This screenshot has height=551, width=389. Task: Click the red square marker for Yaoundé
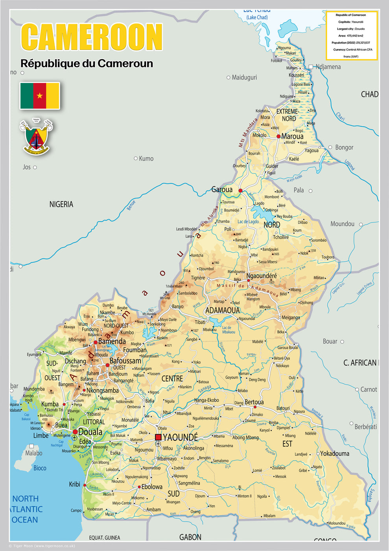click(158, 437)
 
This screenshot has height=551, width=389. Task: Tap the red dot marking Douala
click(75, 432)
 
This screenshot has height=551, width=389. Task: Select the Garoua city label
click(222, 190)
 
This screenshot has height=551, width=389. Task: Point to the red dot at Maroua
click(278, 137)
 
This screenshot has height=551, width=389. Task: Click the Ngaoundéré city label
click(262, 276)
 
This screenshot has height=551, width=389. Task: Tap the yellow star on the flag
click(40, 96)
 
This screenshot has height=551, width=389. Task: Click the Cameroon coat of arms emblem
click(36, 137)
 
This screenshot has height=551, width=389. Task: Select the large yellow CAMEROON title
click(92, 37)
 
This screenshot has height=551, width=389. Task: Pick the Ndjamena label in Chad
click(328, 67)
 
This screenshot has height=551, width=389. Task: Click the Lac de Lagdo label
click(248, 222)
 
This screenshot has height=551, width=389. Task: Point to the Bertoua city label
click(254, 402)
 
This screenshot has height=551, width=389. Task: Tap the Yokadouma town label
click(334, 453)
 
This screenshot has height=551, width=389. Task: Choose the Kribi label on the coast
click(75, 484)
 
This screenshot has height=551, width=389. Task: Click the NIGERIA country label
click(61, 204)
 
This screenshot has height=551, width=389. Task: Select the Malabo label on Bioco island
click(34, 453)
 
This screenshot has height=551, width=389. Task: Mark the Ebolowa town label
click(152, 487)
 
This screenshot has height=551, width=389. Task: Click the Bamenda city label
click(112, 341)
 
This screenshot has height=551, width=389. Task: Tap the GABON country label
click(190, 537)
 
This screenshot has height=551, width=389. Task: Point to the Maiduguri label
click(244, 78)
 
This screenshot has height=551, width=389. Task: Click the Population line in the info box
click(351, 43)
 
